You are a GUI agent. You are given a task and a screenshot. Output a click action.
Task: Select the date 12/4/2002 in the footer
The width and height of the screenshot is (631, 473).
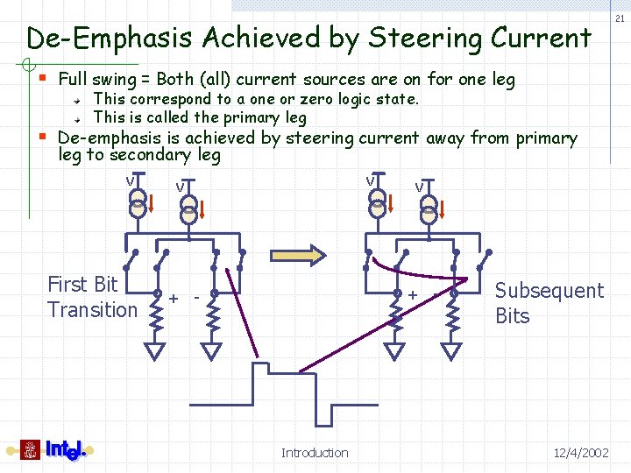point(581,453)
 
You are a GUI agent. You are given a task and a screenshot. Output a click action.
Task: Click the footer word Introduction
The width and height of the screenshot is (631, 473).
point(315,453)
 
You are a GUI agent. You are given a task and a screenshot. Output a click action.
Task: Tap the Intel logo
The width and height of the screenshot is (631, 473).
point(53,450)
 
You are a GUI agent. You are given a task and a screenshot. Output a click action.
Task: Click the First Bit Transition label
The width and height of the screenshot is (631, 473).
point(91,297)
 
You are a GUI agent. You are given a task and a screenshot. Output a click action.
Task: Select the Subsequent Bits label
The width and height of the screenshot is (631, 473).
point(549,303)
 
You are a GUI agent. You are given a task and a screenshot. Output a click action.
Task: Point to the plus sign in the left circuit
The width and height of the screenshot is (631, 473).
point(174,299)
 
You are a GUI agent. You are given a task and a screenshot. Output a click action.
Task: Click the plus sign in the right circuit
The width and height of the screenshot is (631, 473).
point(412,295)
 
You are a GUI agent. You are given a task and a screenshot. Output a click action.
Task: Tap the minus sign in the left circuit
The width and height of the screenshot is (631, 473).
point(196,299)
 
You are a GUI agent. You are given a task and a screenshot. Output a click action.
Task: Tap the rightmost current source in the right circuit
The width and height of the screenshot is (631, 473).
point(429,209)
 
